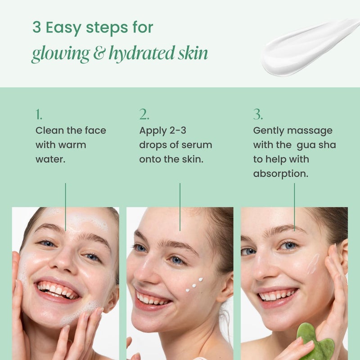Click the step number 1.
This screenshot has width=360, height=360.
[x=39, y=115]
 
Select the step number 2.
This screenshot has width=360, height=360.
[x=144, y=115]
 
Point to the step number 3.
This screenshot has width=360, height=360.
[x=257, y=115]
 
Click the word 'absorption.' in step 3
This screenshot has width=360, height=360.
[x=281, y=174]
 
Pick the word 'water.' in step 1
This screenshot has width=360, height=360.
[x=51, y=159]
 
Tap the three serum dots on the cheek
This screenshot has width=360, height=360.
[x=194, y=283]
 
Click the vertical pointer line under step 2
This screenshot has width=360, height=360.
[x=180, y=207]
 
